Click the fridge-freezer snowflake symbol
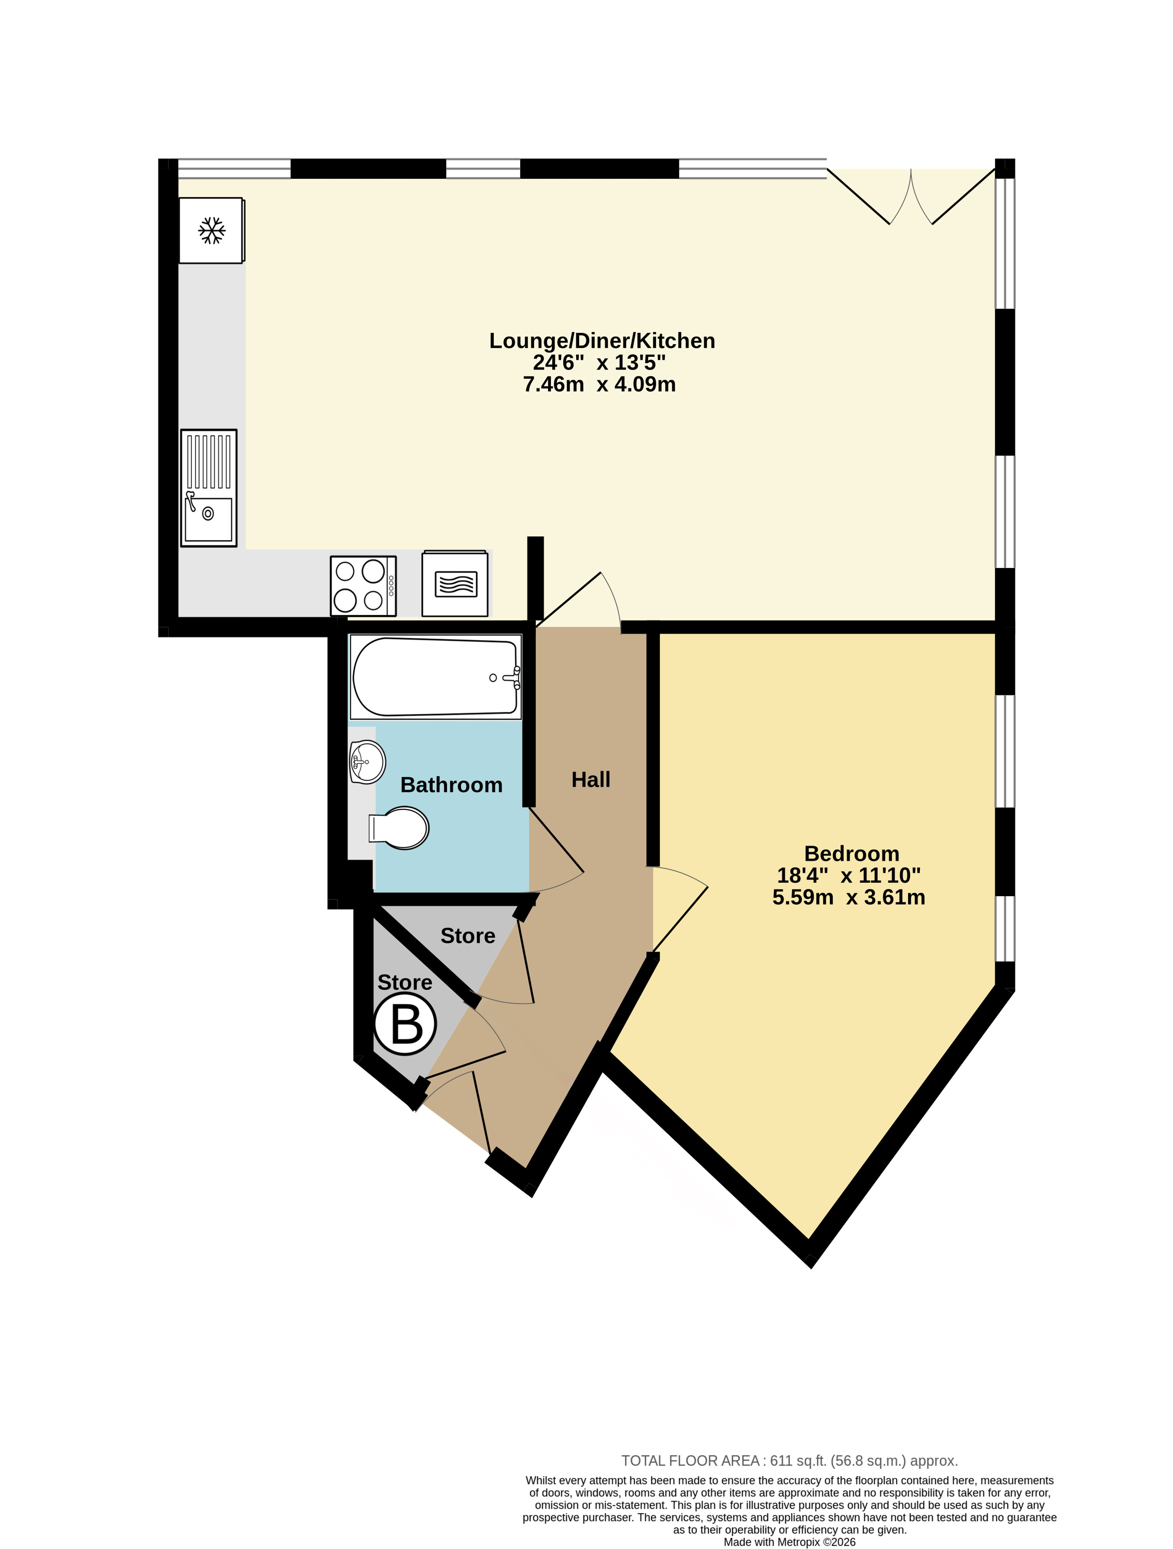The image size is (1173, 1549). pos(212,230)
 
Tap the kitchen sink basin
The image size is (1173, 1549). pos(209,519)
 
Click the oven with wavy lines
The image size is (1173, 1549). pos(455,583)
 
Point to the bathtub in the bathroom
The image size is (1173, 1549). pos(435,677)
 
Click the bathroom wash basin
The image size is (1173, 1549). pos(367,761)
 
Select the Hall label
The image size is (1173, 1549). pos(590,779)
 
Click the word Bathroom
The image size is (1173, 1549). pos(451,785)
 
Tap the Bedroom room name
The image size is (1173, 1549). pos(851,854)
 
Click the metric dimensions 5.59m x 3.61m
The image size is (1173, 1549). pos(849,897)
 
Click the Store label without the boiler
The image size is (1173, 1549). pos(468,936)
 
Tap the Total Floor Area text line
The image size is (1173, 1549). pos(789,1461)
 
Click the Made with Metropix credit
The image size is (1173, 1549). pos(789,1541)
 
